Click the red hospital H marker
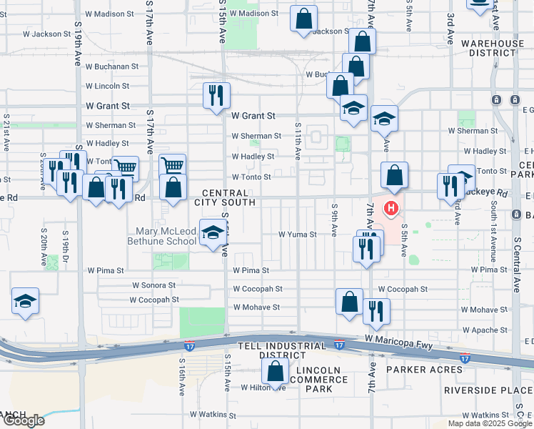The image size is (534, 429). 391,209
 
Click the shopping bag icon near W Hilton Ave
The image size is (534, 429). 275,372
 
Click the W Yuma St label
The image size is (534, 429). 297,234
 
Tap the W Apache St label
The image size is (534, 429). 485,330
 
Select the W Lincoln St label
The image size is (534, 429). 107,86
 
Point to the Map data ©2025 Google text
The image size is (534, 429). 490,423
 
